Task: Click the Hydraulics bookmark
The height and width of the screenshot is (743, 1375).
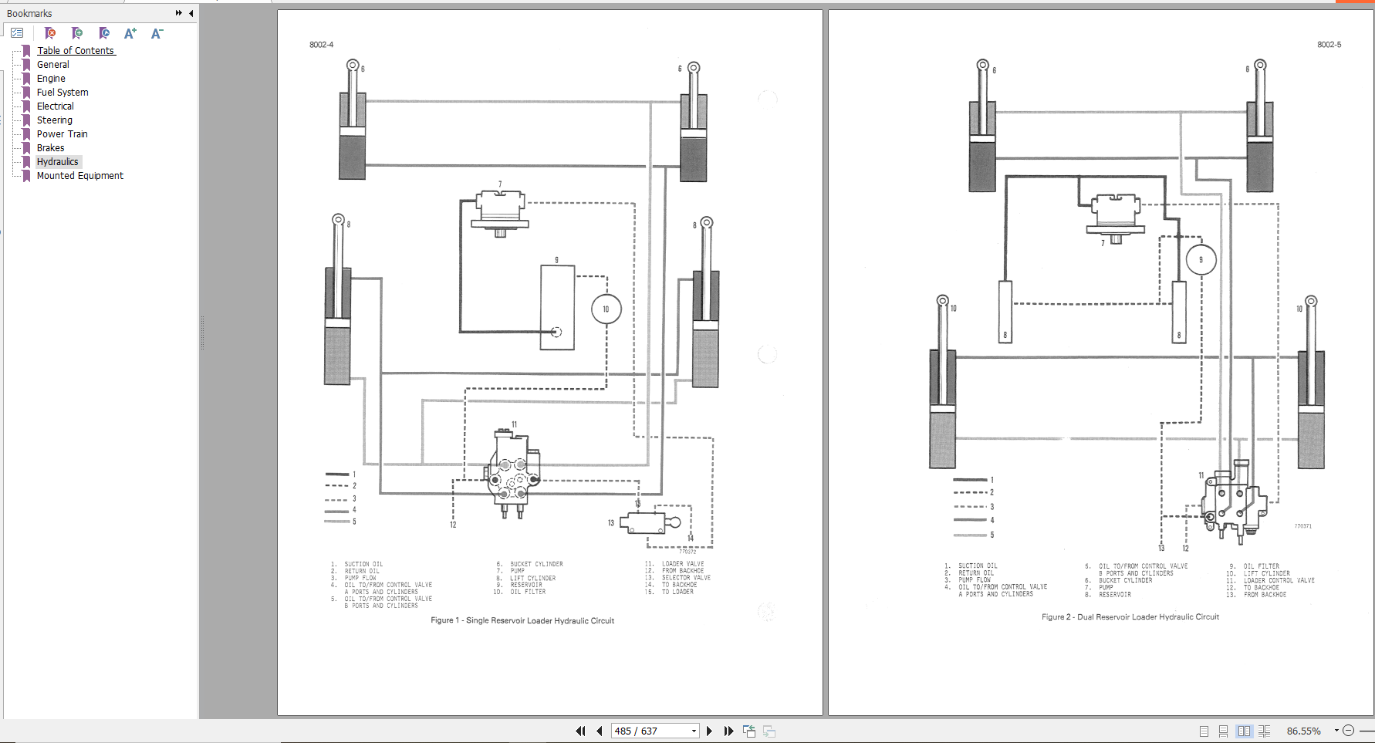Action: [x=57, y=162]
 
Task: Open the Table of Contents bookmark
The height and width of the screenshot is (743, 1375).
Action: [x=76, y=51]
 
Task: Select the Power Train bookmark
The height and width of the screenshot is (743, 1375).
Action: [x=62, y=134]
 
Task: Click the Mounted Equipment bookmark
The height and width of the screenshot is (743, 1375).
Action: [x=79, y=176]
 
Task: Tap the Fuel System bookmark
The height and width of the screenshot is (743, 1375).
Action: [x=62, y=93]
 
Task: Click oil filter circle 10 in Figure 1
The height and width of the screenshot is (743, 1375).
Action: [x=606, y=309]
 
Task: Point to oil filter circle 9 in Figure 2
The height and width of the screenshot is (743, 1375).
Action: [x=1200, y=260]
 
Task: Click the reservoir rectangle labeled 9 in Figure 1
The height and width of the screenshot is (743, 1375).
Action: [x=556, y=307]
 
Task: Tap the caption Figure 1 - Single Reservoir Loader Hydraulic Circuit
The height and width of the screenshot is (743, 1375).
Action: [x=522, y=620]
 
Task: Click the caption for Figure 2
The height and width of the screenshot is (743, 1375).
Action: [x=1130, y=617]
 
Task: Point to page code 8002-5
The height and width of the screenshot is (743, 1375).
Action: [x=1329, y=45]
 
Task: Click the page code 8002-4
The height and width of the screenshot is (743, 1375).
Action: [x=322, y=45]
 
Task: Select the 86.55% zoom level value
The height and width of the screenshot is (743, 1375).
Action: [x=1303, y=731]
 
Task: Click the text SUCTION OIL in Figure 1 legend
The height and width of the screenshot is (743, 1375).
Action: [x=363, y=564]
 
